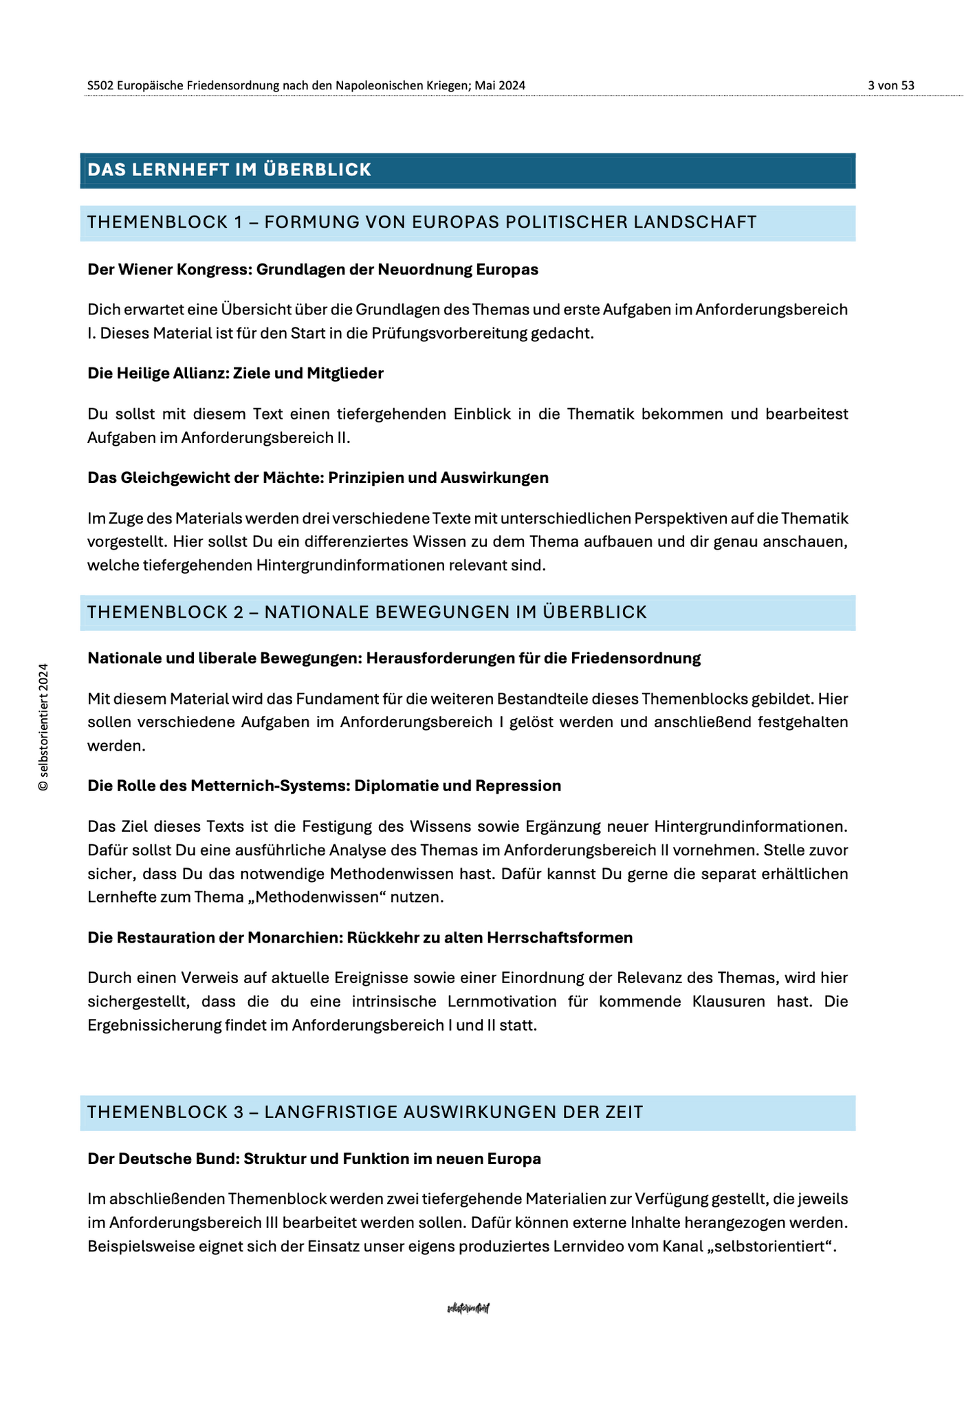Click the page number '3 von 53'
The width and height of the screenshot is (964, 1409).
point(890,85)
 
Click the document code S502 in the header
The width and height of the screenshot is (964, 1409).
point(100,85)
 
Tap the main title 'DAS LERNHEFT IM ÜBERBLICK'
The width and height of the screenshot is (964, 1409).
point(230,170)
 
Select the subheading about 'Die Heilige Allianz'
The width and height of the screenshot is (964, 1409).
point(235,374)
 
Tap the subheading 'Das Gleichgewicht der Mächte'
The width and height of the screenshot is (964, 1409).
point(318,477)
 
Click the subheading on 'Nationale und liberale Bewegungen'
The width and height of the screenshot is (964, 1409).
point(394,658)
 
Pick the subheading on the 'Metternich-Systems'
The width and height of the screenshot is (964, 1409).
point(324,786)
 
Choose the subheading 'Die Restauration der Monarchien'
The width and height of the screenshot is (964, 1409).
point(360,938)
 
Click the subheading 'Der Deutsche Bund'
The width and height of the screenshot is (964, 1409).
point(314,1159)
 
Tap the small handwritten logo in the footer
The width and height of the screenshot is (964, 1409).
point(468,1308)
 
